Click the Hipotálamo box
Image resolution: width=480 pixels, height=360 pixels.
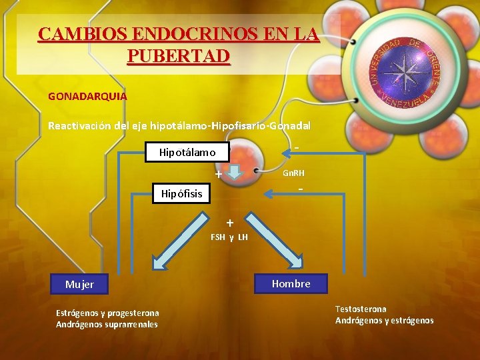click(187, 152)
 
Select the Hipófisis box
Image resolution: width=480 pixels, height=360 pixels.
click(181, 194)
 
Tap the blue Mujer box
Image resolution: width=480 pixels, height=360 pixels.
click(80, 285)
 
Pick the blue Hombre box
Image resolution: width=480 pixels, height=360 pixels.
click(291, 283)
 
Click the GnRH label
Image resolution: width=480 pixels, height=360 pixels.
click(293, 173)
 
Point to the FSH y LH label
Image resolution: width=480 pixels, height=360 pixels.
click(229, 237)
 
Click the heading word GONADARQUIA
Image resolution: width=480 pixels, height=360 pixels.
click(87, 96)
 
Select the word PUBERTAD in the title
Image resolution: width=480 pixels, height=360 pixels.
click(178, 55)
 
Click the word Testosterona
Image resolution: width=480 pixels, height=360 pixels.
click(361, 309)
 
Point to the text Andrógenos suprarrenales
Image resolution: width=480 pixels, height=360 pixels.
click(107, 325)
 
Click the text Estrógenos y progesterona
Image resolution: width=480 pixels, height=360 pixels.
click(107, 313)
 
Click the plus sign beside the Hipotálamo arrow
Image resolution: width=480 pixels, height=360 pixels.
click(218, 175)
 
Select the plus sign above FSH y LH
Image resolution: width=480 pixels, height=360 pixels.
click(229, 222)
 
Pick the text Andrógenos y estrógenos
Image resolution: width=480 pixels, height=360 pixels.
click(384, 321)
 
